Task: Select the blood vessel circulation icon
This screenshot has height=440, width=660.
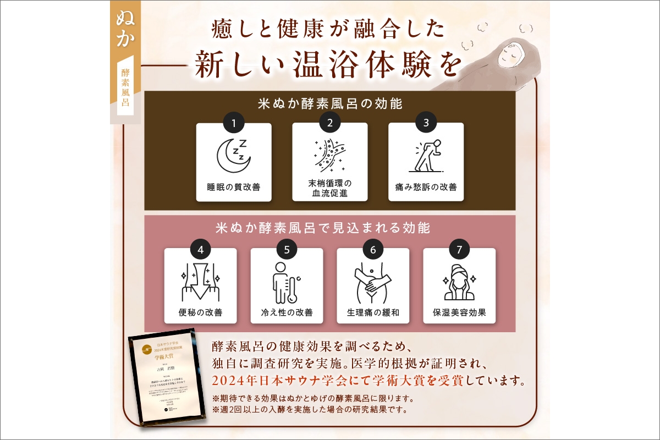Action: pos(329,155)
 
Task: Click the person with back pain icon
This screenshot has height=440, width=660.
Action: pos(426,155)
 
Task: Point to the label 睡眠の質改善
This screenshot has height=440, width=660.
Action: pos(234,187)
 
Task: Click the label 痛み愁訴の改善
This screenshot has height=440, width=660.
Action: pos(426,187)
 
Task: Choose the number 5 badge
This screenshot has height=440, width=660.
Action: pos(287,249)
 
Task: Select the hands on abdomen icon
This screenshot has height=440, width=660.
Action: pos(373,282)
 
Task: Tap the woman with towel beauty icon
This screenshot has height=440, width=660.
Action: pos(459,282)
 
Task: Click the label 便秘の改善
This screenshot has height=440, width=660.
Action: pos(201,312)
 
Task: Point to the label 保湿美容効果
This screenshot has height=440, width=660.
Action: pos(459,312)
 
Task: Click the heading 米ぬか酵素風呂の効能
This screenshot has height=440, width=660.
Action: pos(330,103)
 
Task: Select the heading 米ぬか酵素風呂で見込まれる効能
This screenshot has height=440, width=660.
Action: pos(330,227)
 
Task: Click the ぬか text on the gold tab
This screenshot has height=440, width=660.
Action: pos(125,28)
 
